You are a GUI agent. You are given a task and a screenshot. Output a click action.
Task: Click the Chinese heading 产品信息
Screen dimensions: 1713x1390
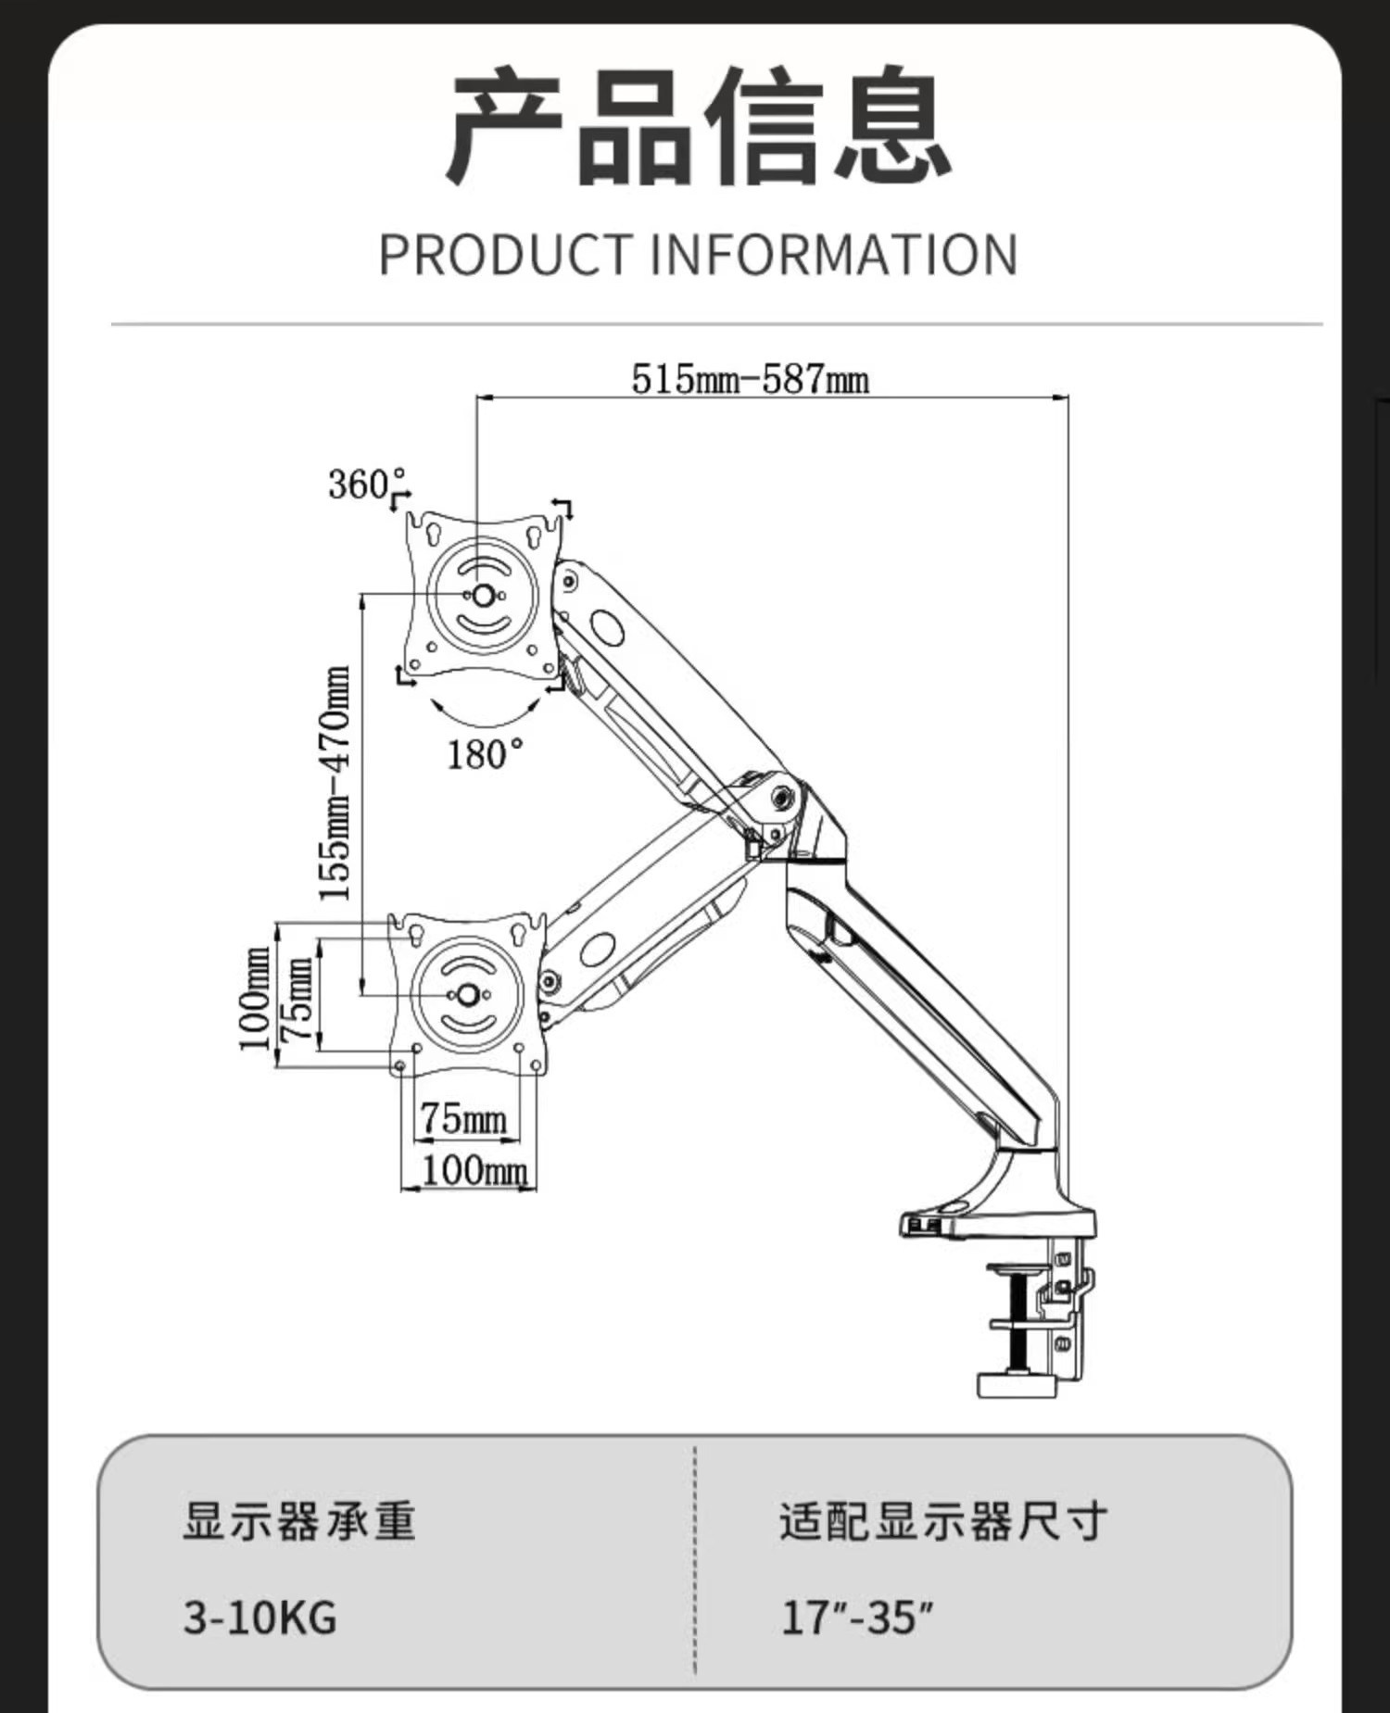click(x=700, y=127)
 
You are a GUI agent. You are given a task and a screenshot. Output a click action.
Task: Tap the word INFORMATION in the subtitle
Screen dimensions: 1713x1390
click(x=833, y=255)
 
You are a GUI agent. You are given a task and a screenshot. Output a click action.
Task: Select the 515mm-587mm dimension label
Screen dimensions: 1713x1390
click(x=750, y=379)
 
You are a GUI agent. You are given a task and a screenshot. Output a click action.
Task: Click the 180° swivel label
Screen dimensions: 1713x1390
click(x=484, y=755)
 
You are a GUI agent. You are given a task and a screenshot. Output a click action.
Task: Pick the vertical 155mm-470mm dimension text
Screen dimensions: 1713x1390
click(x=335, y=783)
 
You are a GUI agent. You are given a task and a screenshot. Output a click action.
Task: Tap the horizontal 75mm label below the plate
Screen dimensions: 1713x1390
click(x=463, y=1119)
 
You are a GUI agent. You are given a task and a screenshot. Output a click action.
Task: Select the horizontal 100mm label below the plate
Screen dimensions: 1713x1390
click(x=474, y=1171)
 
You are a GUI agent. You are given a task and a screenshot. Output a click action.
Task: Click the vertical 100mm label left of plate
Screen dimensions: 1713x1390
click(x=255, y=999)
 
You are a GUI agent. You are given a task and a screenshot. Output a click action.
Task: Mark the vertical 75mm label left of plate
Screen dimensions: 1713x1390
click(x=298, y=999)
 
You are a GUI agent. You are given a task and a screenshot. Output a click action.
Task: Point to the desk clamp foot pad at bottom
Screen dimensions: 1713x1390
click(x=1017, y=1386)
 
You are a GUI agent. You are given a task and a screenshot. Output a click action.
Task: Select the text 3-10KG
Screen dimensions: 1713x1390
click(x=260, y=1618)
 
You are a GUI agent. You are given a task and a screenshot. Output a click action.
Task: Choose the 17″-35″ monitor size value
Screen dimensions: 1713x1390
click(x=856, y=1618)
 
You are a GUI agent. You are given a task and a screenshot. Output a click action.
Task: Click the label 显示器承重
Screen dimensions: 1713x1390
click(x=299, y=1522)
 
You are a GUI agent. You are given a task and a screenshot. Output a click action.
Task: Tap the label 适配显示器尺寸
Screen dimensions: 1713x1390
click(x=942, y=1522)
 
